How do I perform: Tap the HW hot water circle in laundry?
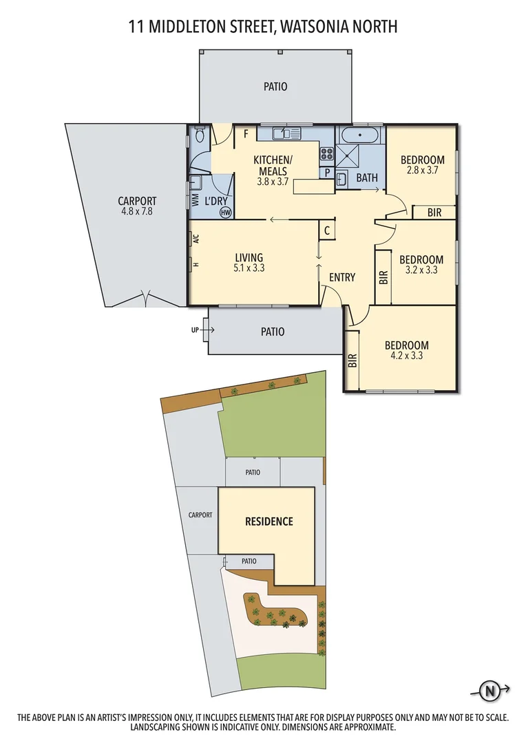[225, 213]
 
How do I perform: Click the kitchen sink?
[286, 133]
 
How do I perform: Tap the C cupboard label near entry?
[327, 230]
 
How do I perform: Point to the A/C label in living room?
[196, 239]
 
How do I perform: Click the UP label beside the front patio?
[196, 330]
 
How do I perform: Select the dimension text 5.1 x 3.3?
[249, 269]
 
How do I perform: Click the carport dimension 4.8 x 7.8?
[138, 213]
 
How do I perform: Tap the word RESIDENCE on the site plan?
[269, 521]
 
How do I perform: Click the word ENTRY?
[342, 277]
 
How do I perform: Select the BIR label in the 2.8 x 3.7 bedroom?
[434, 213]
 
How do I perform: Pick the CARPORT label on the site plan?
[200, 515]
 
